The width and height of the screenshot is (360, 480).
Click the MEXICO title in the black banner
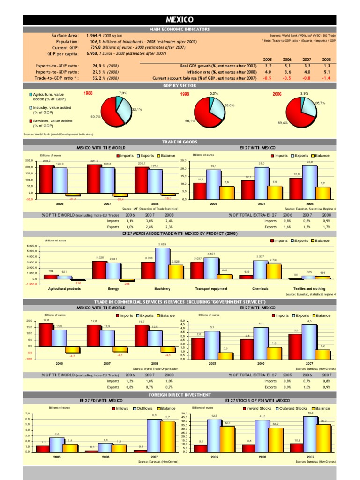[180, 20]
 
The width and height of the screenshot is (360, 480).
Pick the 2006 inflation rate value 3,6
[287, 72]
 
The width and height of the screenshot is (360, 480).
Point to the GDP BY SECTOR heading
[180, 86]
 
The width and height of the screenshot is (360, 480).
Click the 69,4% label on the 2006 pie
[282, 123]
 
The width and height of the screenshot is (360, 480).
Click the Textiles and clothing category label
[309, 289]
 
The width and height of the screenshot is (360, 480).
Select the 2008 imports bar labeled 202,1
[141, 180]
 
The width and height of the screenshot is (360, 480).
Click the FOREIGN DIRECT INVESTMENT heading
[180, 395]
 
